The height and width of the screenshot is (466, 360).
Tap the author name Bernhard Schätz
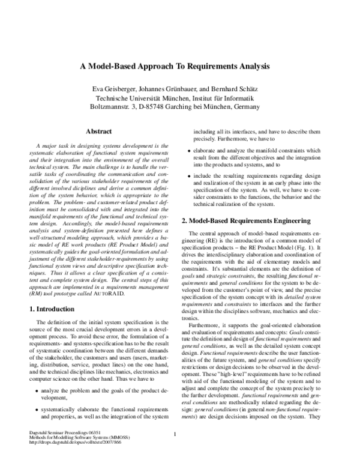tap(236, 89)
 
